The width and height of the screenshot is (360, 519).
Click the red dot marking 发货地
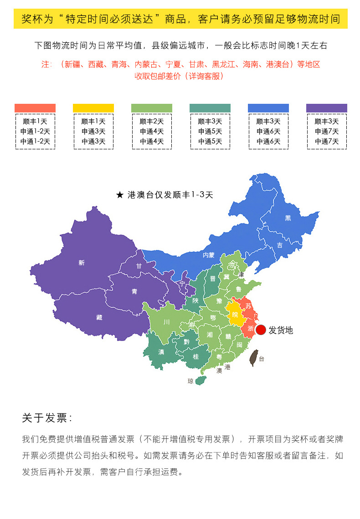(x=261, y=330)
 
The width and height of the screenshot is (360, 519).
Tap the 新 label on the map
(x=82, y=263)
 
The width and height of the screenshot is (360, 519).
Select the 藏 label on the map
(x=99, y=317)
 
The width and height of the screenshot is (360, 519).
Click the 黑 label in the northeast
(x=288, y=218)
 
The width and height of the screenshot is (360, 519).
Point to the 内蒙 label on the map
(x=209, y=255)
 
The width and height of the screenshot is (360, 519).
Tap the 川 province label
(x=167, y=322)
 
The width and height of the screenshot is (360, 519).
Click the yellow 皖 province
(x=235, y=315)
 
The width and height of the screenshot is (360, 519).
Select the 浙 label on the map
(x=250, y=328)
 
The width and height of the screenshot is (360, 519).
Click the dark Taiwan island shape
(x=254, y=358)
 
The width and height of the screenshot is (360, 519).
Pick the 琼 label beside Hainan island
(x=190, y=382)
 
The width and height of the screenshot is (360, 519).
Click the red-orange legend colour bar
(x=35, y=108)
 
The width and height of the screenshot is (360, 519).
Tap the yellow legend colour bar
(x=93, y=108)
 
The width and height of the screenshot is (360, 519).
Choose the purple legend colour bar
(x=326, y=108)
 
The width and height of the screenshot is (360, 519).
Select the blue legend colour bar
(x=268, y=108)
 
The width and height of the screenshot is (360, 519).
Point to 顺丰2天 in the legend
(x=152, y=122)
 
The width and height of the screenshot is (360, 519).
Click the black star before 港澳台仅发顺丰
(x=120, y=195)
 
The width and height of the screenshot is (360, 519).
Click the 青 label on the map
(x=134, y=291)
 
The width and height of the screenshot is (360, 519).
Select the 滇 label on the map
(x=161, y=352)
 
